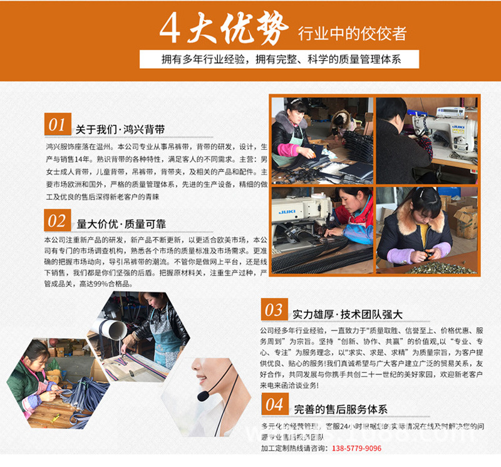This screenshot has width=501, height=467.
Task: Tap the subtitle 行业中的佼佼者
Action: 352,33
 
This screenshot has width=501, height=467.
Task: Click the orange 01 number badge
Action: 57,125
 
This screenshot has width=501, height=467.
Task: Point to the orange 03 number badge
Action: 274,310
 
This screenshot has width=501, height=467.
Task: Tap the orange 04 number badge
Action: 274,404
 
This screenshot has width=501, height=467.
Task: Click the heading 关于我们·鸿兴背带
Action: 120,130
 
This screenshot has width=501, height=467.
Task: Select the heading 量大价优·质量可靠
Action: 121,224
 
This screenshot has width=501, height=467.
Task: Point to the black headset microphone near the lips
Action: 204,396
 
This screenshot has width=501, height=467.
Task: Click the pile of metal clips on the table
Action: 442,267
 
